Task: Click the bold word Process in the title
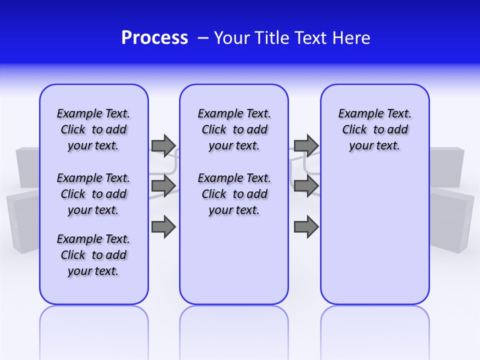pyautogui.click(x=154, y=38)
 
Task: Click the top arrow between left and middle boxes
pyautogui.click(x=163, y=145)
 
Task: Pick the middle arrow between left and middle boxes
pyautogui.click(x=163, y=186)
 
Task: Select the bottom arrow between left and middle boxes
pyautogui.click(x=163, y=226)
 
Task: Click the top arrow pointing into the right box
pyautogui.click(x=306, y=145)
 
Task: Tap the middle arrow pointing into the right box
pyautogui.click(x=306, y=186)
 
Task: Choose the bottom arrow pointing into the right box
pyautogui.click(x=306, y=226)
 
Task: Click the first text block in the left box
pyautogui.click(x=93, y=129)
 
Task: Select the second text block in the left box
pyautogui.click(x=93, y=194)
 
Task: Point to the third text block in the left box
pyautogui.click(x=93, y=255)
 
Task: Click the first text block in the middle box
pyautogui.click(x=234, y=129)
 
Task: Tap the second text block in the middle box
pyautogui.click(x=234, y=194)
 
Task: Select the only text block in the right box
pyautogui.click(x=374, y=129)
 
